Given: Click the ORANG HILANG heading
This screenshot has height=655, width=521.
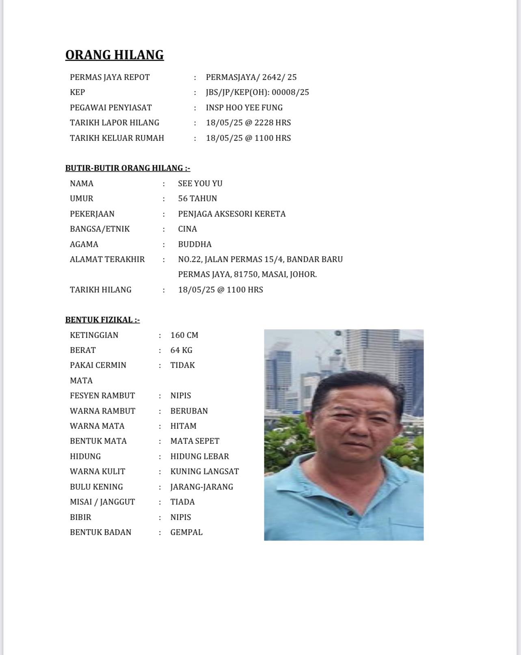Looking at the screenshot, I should click(115, 55).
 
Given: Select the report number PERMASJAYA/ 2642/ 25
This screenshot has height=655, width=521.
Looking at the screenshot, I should click(251, 77).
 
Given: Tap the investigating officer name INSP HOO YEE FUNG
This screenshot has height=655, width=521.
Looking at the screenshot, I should click(244, 107).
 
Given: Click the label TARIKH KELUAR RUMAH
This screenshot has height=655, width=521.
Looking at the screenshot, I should click(117, 138).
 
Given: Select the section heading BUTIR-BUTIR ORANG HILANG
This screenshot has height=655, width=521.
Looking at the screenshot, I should click(128, 168).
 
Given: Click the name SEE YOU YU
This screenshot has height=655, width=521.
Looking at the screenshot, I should click(200, 183).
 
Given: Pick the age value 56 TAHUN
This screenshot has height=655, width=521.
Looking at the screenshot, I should click(197, 198).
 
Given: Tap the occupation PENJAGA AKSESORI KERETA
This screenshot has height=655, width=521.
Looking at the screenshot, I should click(232, 214).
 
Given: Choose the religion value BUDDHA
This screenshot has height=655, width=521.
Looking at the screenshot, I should click(195, 244).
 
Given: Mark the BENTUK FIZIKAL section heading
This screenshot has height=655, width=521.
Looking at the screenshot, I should click(102, 320).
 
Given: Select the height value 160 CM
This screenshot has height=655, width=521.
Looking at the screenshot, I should click(184, 335).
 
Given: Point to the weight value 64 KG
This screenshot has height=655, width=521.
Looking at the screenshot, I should click(181, 350).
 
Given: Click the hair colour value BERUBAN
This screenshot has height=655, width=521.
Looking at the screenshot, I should click(189, 411).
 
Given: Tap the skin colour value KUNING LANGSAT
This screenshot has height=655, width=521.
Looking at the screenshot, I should click(204, 471).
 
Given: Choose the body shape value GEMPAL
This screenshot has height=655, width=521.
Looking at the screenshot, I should click(186, 532).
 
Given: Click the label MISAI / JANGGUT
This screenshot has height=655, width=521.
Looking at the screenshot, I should click(102, 502).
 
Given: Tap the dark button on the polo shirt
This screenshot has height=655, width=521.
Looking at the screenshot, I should click(350, 513).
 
